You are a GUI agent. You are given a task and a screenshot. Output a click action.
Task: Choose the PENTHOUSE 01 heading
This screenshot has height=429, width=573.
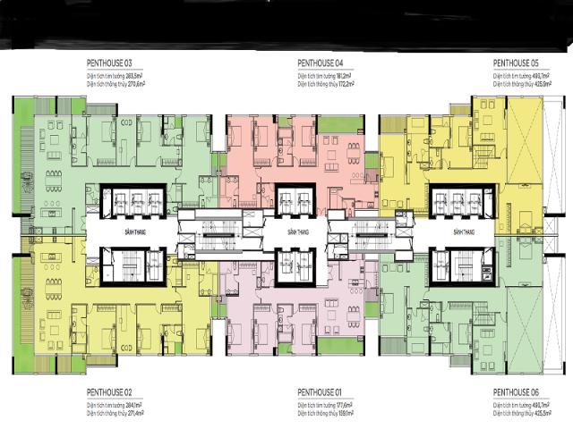coord(321,392)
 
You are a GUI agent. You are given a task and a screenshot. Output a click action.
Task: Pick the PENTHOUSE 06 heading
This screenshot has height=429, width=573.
coord(516,392)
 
